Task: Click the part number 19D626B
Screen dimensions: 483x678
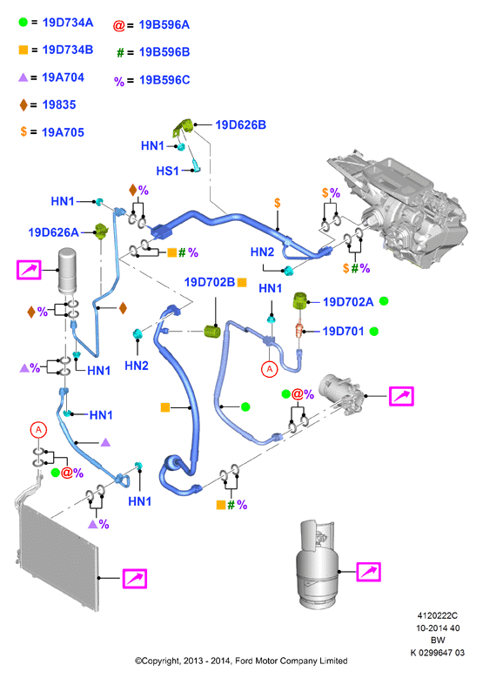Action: tap(240, 125)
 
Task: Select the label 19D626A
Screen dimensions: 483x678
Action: tap(53, 232)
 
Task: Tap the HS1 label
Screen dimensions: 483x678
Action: tap(167, 171)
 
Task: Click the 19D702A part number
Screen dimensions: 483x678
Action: tap(348, 302)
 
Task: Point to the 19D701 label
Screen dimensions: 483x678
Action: tap(344, 332)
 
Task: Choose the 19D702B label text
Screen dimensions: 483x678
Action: tap(210, 282)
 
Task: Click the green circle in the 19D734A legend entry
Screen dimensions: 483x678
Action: tap(23, 22)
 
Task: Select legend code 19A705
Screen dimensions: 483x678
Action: tap(64, 132)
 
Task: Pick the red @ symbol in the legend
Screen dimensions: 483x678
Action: tap(119, 25)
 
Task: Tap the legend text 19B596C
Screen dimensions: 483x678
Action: tap(164, 80)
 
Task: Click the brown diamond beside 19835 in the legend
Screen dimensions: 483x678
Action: tap(23, 104)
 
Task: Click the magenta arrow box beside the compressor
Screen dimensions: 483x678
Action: tap(401, 396)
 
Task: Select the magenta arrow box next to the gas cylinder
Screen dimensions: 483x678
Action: tap(368, 572)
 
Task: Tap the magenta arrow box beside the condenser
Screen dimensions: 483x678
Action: tap(135, 579)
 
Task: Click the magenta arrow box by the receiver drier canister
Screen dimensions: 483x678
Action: tap(29, 270)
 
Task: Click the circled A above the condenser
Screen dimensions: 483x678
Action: tap(38, 430)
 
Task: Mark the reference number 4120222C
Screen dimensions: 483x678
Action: tap(437, 615)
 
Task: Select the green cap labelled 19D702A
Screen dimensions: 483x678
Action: tap(300, 301)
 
